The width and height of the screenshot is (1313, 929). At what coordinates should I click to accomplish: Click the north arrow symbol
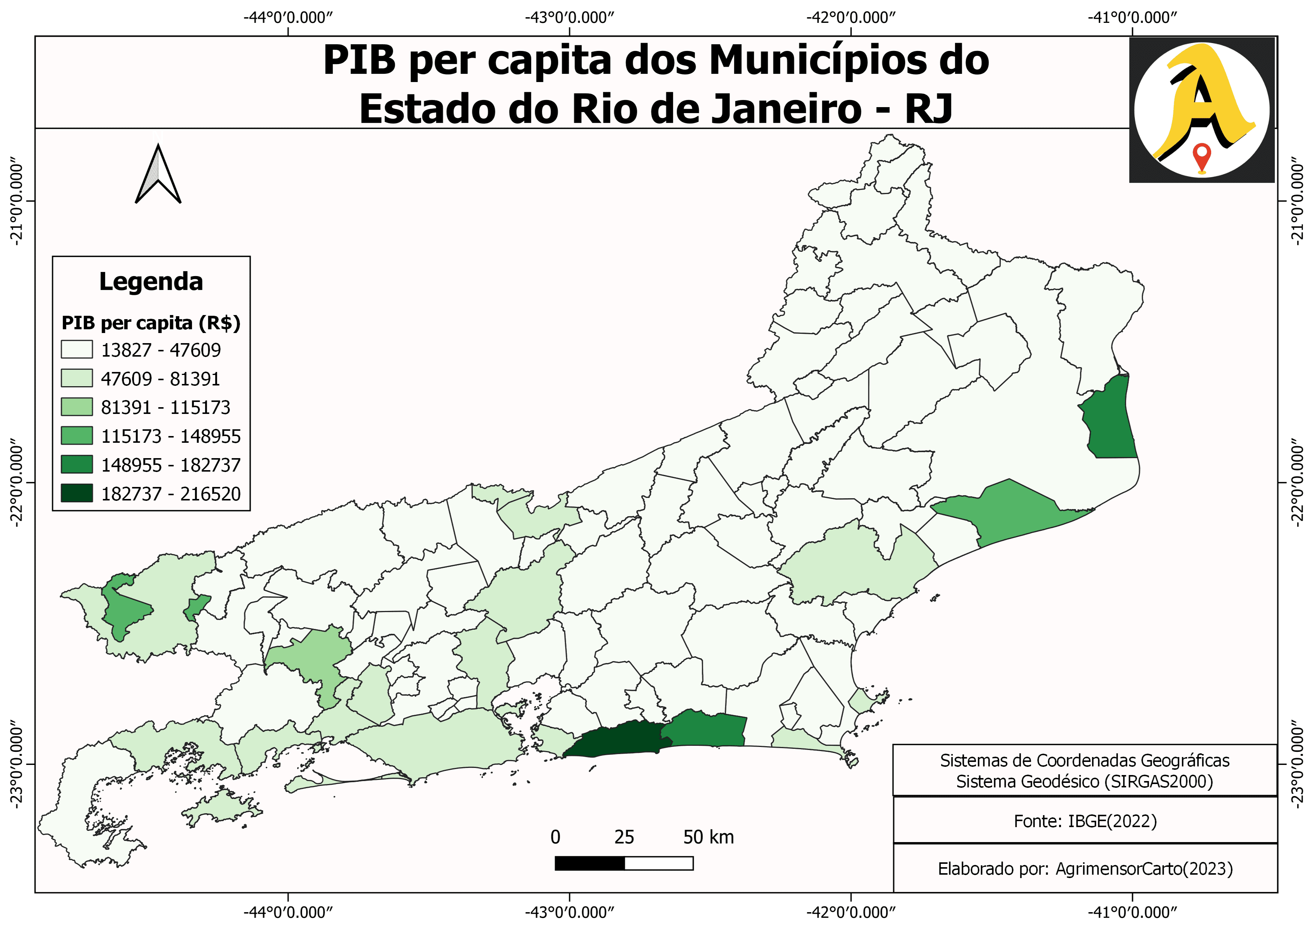158,175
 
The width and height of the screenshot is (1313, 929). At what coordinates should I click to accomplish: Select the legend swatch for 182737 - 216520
77,493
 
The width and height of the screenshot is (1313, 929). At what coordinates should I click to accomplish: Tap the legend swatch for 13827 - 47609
77,349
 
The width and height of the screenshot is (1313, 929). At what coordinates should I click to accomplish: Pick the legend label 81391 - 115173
165,407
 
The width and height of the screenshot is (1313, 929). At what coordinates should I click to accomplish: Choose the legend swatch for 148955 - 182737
77,464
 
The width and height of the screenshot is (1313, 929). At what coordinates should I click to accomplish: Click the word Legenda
151,281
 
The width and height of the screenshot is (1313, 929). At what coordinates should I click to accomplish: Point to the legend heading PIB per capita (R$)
151,323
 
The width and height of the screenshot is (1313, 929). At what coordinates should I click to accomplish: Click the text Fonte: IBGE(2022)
1085,821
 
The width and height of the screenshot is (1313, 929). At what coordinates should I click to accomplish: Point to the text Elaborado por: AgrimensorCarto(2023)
1085,869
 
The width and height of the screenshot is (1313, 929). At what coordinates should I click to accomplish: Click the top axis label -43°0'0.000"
569,18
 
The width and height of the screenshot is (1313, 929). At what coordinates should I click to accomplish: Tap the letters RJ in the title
929,109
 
